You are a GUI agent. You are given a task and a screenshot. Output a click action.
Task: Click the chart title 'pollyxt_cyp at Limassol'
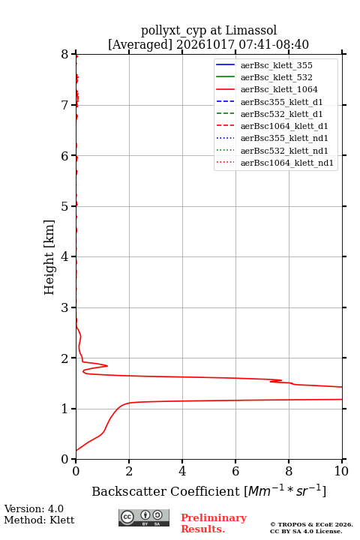(x=208, y=30)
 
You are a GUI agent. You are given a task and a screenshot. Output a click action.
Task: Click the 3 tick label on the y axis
(x=65, y=307)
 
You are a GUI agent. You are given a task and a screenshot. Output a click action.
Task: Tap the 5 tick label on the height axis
(x=65, y=206)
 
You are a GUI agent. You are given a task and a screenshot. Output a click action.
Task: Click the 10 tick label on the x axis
(x=341, y=471)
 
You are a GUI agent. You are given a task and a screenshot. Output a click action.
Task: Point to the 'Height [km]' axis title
(x=49, y=257)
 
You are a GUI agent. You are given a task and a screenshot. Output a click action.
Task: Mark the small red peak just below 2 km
(x=106, y=366)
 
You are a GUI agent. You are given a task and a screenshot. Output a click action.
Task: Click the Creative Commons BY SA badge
(x=144, y=517)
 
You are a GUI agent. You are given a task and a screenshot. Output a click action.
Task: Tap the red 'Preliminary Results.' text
(x=214, y=523)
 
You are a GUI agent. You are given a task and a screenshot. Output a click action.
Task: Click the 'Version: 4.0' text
(x=34, y=508)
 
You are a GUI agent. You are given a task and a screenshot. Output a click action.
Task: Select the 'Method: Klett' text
(x=39, y=520)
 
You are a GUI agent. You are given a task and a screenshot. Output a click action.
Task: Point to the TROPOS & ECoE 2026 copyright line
(x=311, y=524)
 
